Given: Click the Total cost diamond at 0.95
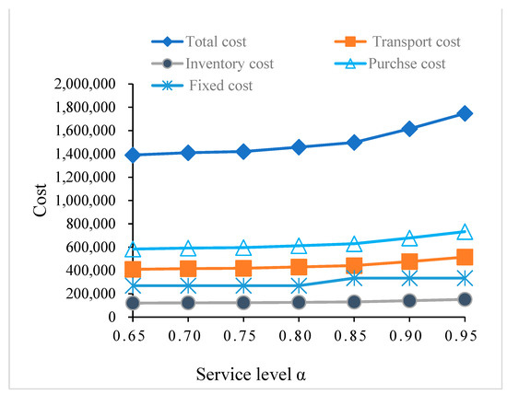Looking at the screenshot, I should [465, 113].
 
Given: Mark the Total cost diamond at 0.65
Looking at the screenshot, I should [134, 155].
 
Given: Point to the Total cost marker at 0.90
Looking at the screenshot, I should [409, 129].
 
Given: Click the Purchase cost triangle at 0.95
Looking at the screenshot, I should [465, 232].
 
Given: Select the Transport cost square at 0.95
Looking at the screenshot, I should [465, 257].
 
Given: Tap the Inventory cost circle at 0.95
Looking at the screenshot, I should [465, 299].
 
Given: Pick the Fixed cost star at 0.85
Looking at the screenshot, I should [354, 278].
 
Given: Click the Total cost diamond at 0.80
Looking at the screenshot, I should [299, 146].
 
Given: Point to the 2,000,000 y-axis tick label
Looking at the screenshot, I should [84, 84].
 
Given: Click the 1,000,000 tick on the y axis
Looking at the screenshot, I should [84, 201].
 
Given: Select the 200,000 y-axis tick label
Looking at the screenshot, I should [90, 294].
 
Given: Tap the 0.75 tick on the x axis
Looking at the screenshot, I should [243, 337].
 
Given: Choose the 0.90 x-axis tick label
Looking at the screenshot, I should [409, 337].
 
